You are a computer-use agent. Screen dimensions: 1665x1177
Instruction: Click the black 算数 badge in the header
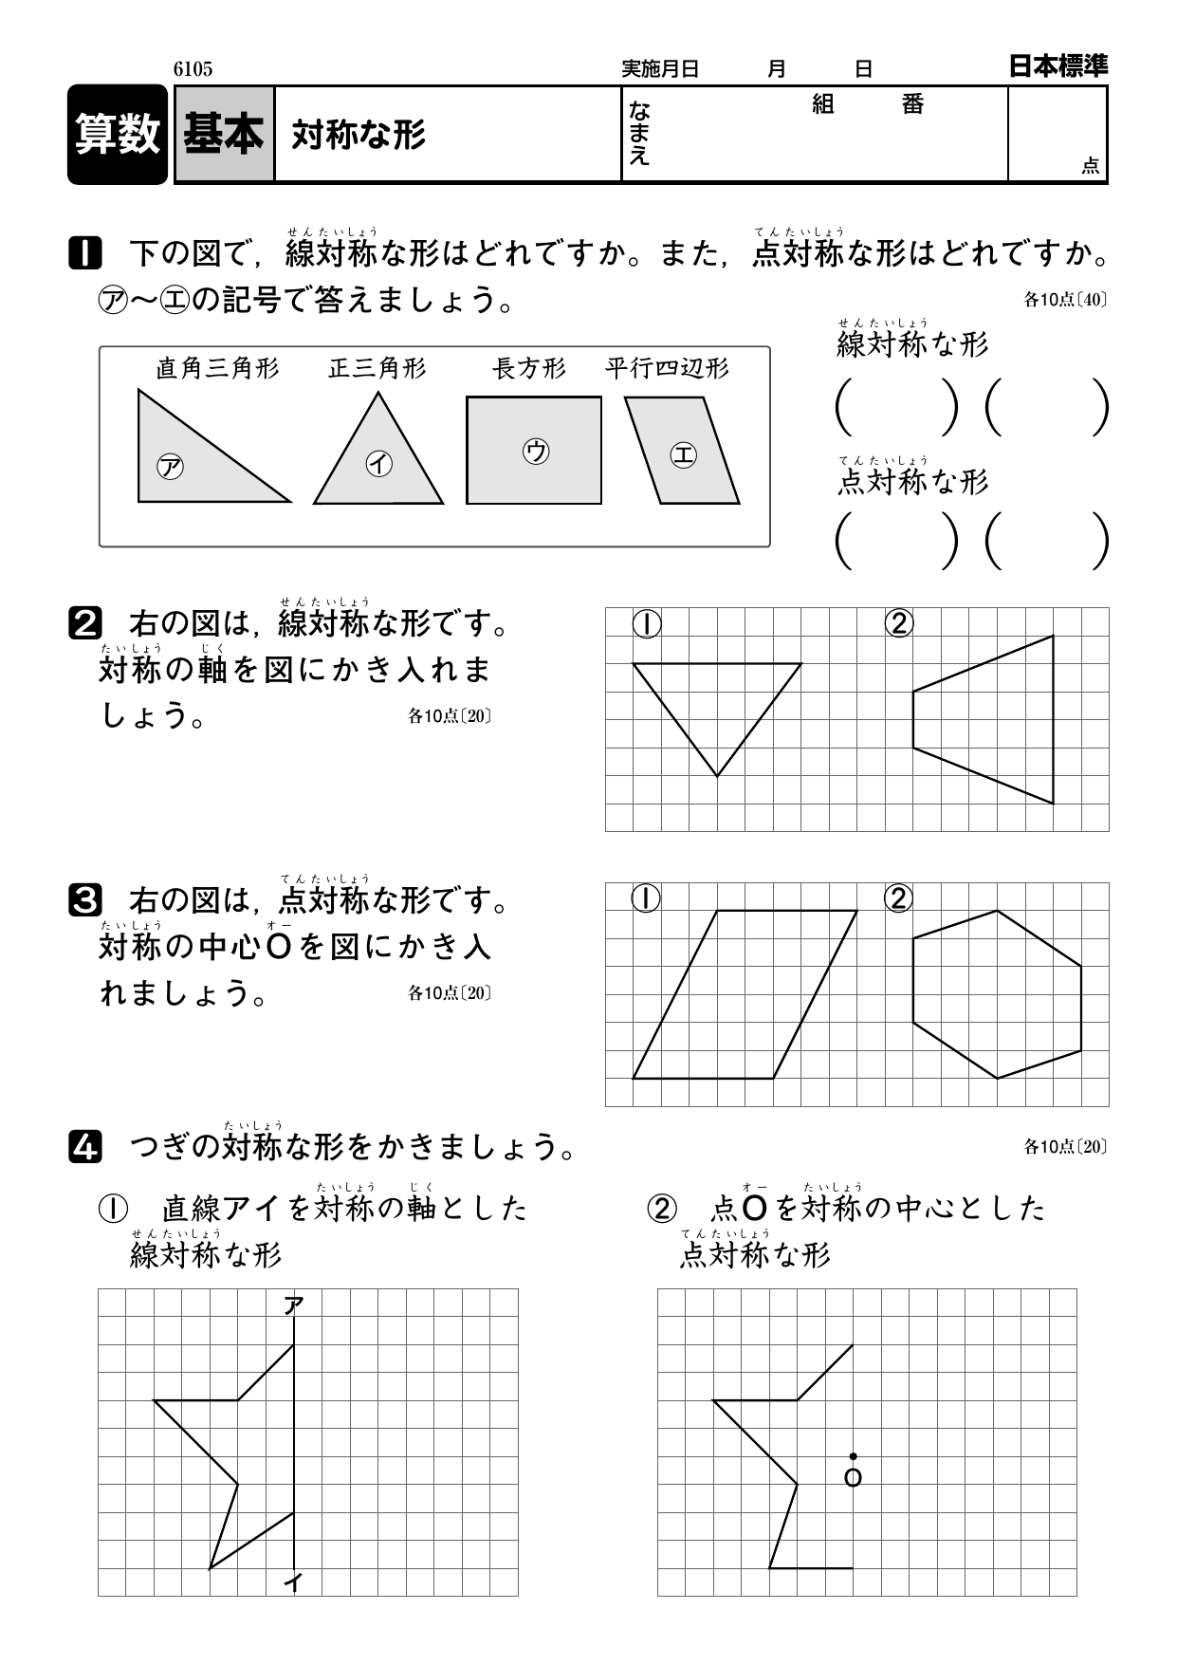[118, 134]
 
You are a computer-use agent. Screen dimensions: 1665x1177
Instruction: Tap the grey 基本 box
[224, 134]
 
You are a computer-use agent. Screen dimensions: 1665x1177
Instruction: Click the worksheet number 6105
[193, 68]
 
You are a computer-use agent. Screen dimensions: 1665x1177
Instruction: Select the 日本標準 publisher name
[1057, 66]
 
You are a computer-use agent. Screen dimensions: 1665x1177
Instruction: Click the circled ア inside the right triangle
[171, 467]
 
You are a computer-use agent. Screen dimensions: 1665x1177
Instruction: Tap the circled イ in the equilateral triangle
[378, 463]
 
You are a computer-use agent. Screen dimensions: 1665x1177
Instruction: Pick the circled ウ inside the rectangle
[535, 451]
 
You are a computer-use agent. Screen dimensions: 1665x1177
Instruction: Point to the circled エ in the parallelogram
[683, 455]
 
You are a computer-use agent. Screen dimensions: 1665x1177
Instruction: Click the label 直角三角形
[217, 368]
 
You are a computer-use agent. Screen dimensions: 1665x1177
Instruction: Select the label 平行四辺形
[667, 368]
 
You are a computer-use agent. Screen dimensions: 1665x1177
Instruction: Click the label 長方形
[528, 368]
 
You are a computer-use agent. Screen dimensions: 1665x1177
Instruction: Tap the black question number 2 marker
[84, 623]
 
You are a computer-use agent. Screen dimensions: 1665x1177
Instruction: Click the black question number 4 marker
[84, 1149]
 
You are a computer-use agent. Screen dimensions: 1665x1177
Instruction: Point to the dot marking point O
[853, 1456]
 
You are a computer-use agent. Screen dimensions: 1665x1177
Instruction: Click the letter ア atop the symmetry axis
[294, 1306]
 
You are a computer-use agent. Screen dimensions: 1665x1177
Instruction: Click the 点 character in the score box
[1090, 166]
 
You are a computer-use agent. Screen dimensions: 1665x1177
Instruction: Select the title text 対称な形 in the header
[359, 135]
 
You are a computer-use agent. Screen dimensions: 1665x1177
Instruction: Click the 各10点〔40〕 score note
[1065, 300]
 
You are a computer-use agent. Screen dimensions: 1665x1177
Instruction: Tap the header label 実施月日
[660, 69]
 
